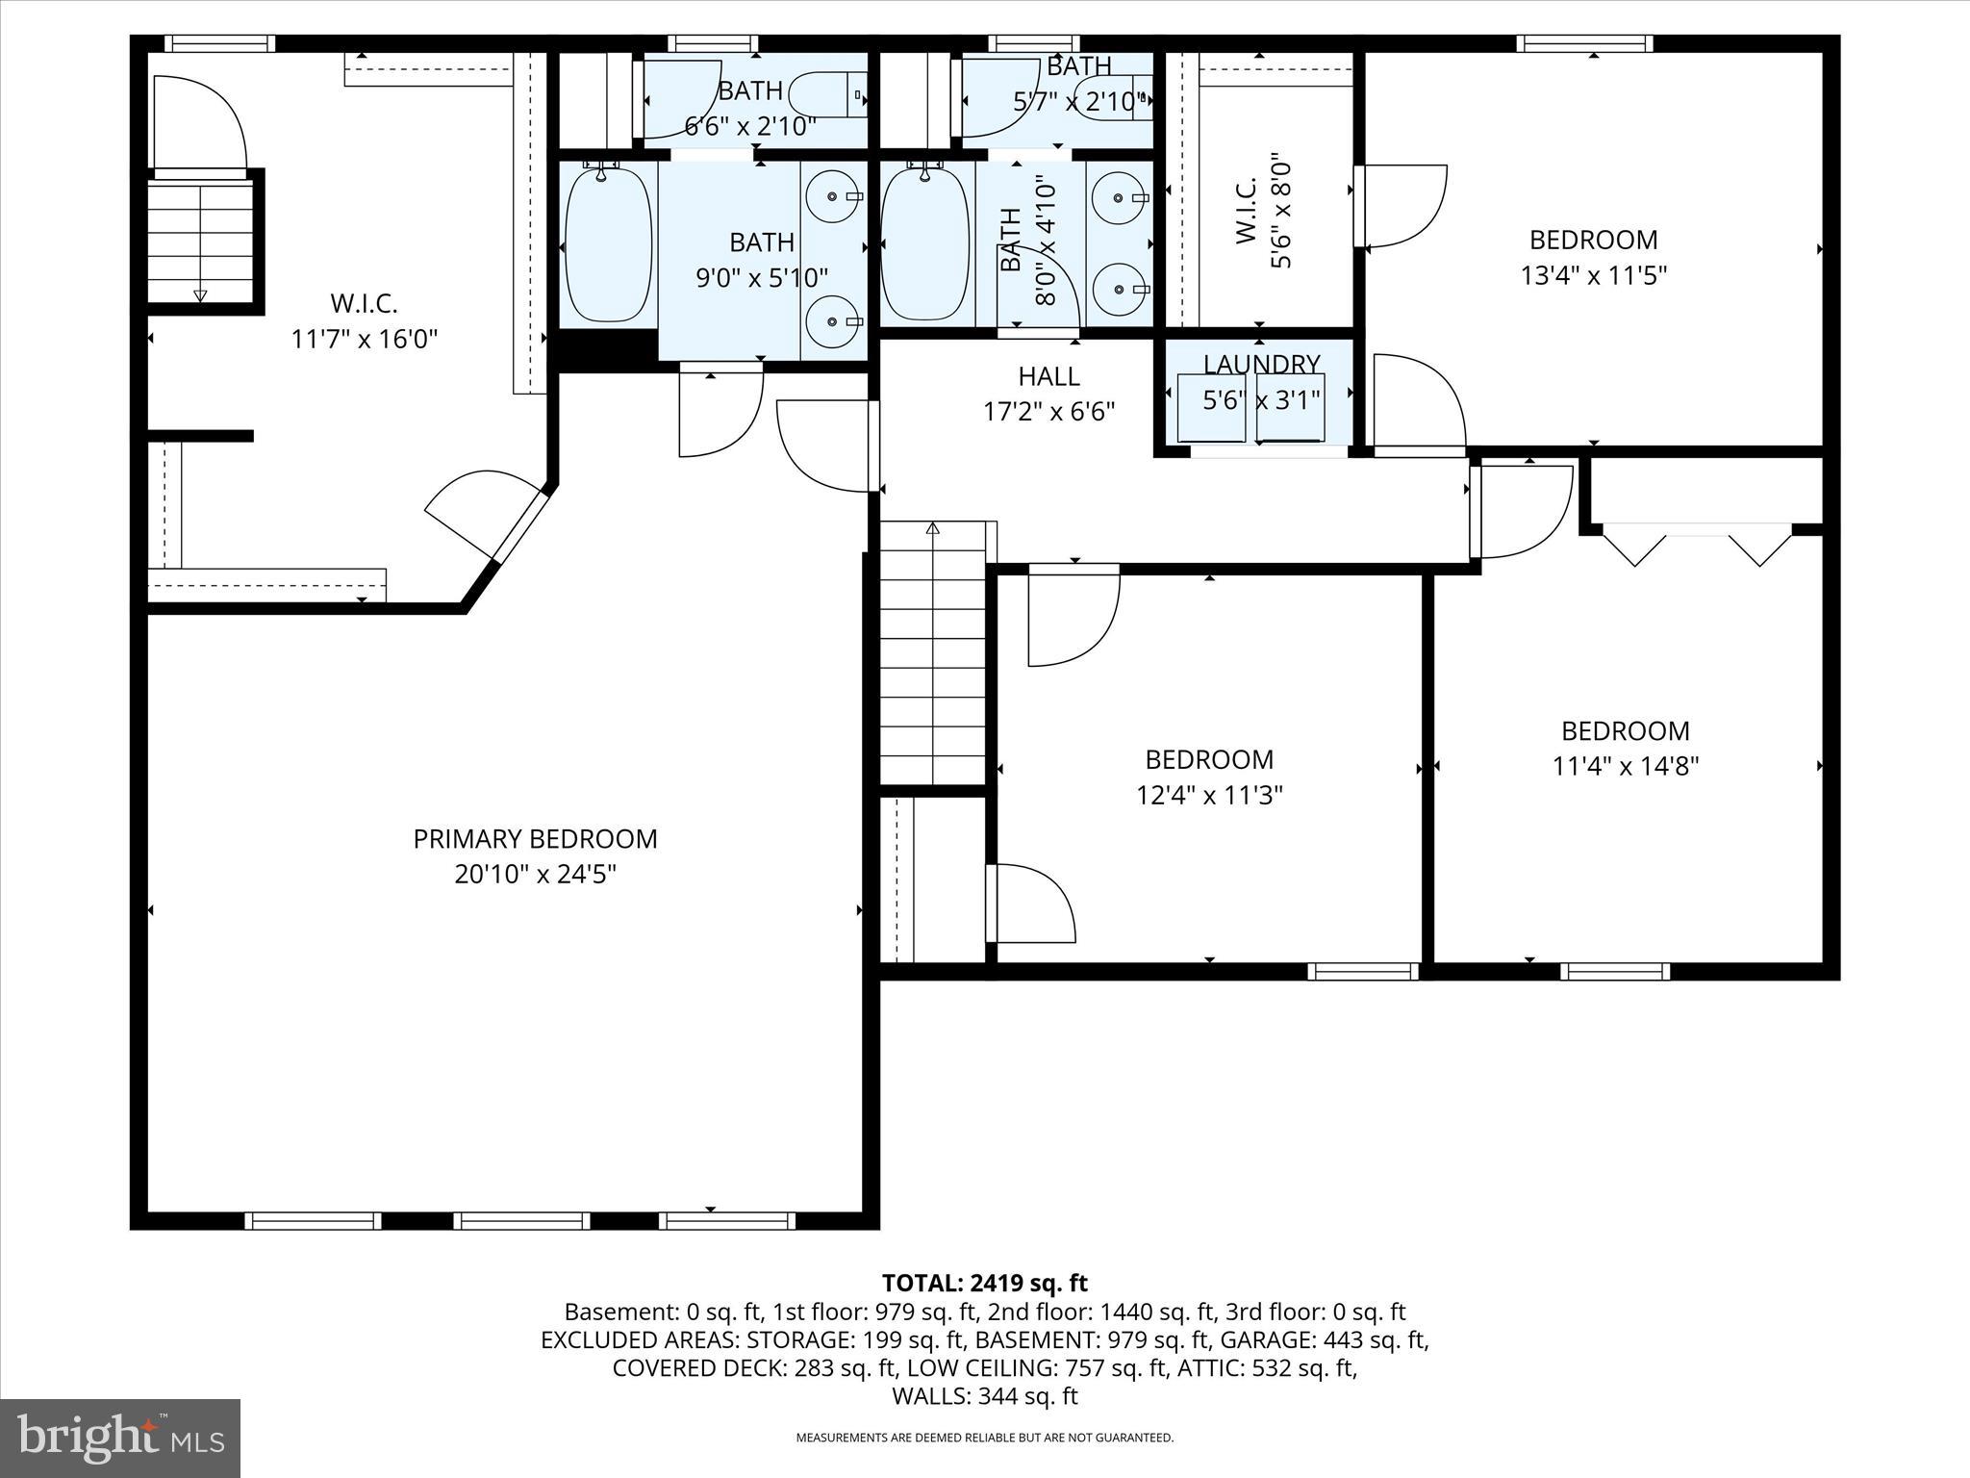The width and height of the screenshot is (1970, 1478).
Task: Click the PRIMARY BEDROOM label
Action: click(x=535, y=839)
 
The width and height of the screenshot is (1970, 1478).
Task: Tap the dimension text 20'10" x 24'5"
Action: click(x=535, y=875)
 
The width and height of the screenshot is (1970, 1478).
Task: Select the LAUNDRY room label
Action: click(x=1261, y=365)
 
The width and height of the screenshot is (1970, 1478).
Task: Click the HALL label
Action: click(x=1048, y=376)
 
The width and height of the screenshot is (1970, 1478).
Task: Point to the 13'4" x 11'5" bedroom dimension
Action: click(x=1593, y=276)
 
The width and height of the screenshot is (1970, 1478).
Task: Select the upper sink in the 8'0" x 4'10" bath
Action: click(x=1120, y=197)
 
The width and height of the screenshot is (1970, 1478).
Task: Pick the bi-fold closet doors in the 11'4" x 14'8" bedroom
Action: click(x=1698, y=544)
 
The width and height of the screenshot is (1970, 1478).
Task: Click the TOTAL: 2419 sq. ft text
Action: click(x=984, y=1283)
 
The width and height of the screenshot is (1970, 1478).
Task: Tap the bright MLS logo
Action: click(x=120, y=1438)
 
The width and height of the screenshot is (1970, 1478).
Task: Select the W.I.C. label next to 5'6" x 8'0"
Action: click(x=1245, y=209)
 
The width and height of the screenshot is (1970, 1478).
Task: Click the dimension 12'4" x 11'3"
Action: click(x=1209, y=796)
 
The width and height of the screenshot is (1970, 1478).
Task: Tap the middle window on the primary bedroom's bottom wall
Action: click(x=521, y=1221)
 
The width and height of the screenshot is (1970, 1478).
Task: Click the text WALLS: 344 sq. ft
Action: click(x=984, y=1396)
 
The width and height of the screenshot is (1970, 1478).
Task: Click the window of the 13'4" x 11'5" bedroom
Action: click(x=1584, y=43)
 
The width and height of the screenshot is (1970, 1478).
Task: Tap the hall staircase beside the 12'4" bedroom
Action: click(x=933, y=654)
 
